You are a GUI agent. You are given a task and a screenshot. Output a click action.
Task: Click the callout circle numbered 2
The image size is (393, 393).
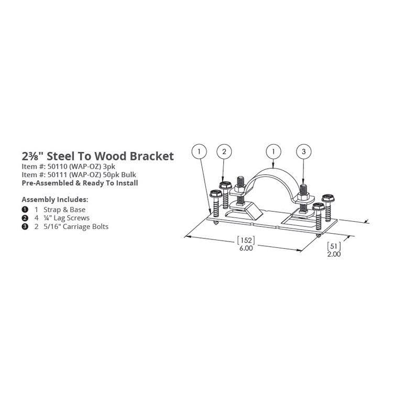click(x=224, y=152)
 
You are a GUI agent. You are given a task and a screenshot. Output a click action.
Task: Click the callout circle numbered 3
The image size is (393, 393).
click(x=304, y=152)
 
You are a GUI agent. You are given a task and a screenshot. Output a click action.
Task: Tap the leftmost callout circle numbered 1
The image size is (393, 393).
click(x=198, y=152)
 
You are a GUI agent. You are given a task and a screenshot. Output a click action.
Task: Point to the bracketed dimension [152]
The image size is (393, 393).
click(x=245, y=241)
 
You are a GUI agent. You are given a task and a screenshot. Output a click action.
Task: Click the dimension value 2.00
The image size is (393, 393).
click(x=334, y=254)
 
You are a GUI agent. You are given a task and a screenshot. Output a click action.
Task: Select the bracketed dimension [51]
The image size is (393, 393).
click(x=334, y=246)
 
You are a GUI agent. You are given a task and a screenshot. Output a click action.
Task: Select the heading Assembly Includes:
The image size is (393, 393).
click(x=54, y=200)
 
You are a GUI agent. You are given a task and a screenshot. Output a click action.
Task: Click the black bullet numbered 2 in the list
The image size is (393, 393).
click(x=24, y=218)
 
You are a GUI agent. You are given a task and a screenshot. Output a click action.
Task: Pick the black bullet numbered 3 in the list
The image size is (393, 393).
click(x=24, y=226)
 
